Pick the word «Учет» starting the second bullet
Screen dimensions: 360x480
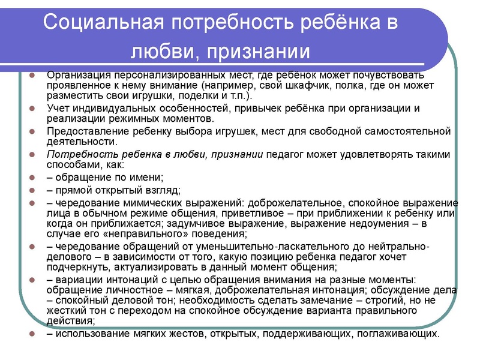tap(58, 108)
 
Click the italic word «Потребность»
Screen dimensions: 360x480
tap(79, 154)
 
